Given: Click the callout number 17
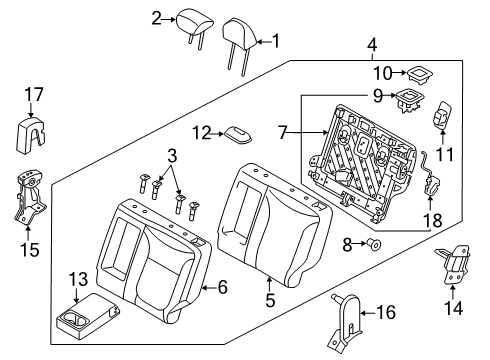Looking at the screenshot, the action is pyautogui.click(x=35, y=95).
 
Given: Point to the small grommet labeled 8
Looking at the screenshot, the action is pyautogui.click(x=374, y=245).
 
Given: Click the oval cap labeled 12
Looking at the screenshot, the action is pyautogui.click(x=238, y=135).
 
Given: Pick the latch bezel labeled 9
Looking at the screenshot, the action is pyautogui.click(x=408, y=100).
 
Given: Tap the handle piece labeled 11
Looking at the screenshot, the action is pyautogui.click(x=442, y=115).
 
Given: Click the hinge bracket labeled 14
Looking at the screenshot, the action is pyautogui.click(x=453, y=266).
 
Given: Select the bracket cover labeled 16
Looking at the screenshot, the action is pyautogui.click(x=346, y=321).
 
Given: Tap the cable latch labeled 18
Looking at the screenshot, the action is pyautogui.click(x=429, y=175).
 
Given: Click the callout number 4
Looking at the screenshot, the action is pyautogui.click(x=372, y=46).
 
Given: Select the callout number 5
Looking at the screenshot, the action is pyautogui.click(x=270, y=300).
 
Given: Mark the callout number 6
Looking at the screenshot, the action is pyautogui.click(x=223, y=287).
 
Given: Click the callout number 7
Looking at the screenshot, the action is pyautogui.click(x=283, y=133).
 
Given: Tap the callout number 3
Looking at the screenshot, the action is pyautogui.click(x=172, y=156).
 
